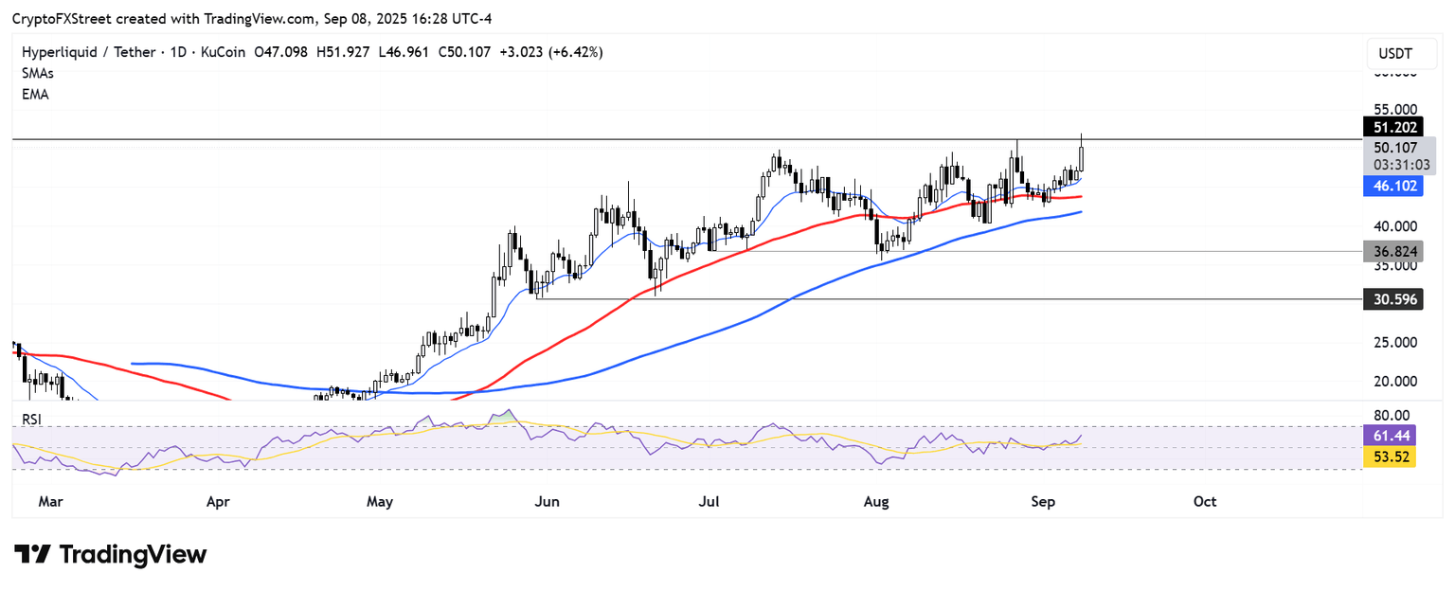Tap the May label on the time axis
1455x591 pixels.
click(x=380, y=500)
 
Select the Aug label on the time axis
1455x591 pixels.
click(x=877, y=500)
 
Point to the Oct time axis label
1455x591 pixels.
click(x=1205, y=500)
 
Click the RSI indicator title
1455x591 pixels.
click(x=32, y=420)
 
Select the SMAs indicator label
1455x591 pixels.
click(x=37, y=73)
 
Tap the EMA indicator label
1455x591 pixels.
click(x=35, y=95)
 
